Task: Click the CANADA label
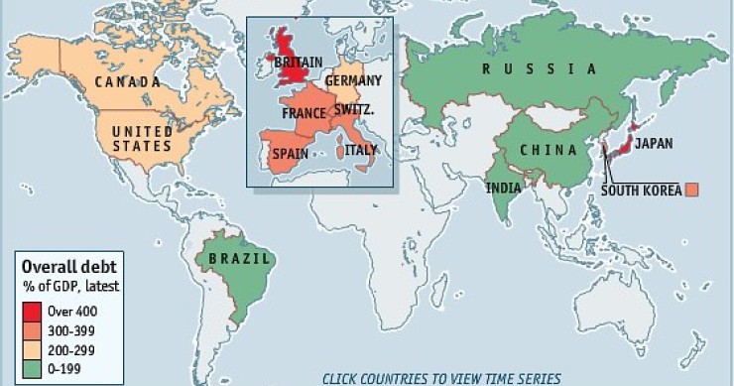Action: point(126,81)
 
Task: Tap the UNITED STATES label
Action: point(141,139)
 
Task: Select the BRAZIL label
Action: point(233,259)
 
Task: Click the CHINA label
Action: point(550,150)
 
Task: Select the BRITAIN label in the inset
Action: point(298,63)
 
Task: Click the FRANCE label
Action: point(304,113)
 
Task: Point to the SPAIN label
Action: point(291,154)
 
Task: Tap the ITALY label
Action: point(361,150)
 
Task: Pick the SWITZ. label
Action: point(354,109)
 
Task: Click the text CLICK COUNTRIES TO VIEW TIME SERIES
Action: point(441,378)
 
